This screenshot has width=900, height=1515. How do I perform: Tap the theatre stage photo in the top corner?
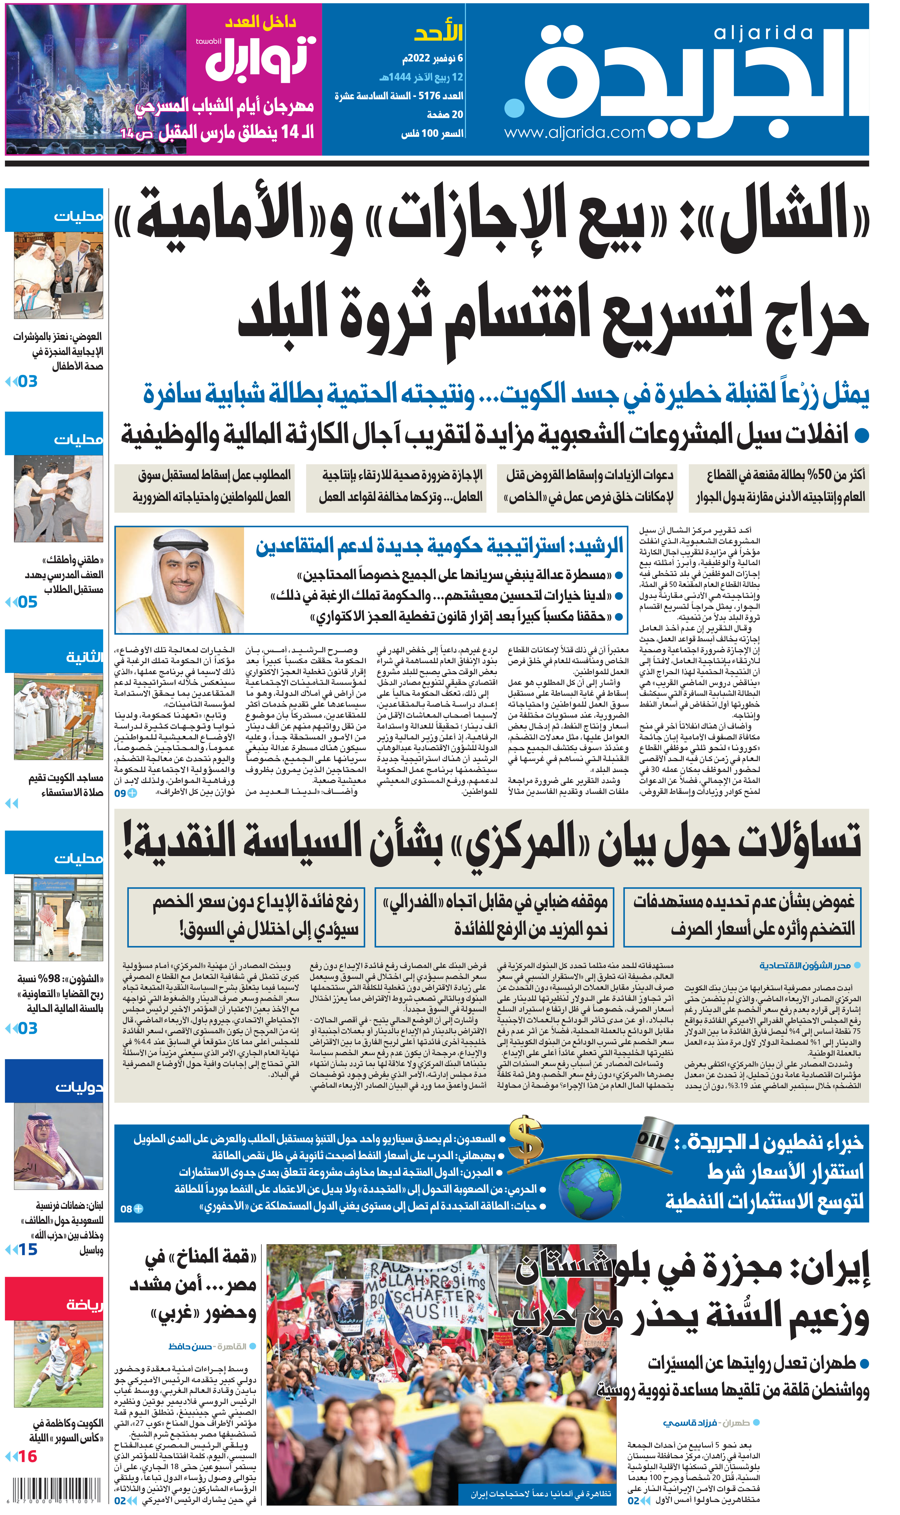point(96,79)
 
